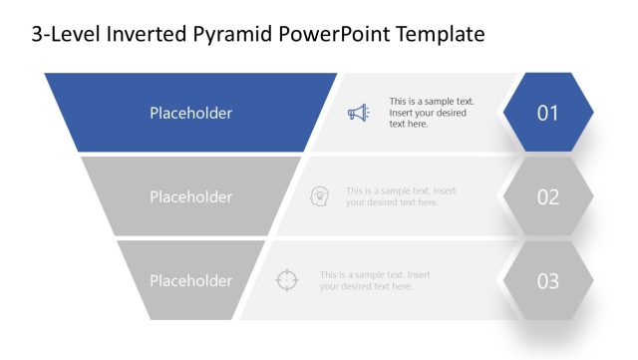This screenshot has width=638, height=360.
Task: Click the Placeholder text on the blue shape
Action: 190,113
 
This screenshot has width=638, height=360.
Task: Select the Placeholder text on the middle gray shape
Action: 190,196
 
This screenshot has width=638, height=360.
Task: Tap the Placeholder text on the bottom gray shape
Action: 190,280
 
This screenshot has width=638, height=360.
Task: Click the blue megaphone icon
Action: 357,113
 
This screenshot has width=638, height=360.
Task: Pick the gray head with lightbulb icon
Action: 320,195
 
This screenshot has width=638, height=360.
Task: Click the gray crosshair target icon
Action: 287,280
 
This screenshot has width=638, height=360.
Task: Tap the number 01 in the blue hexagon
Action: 548,113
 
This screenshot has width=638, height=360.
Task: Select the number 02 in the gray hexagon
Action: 548,196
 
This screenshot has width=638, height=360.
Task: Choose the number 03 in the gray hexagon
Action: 548,280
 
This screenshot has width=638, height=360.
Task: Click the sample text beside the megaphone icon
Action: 431,113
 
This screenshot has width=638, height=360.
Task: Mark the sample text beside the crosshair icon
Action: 375,280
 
